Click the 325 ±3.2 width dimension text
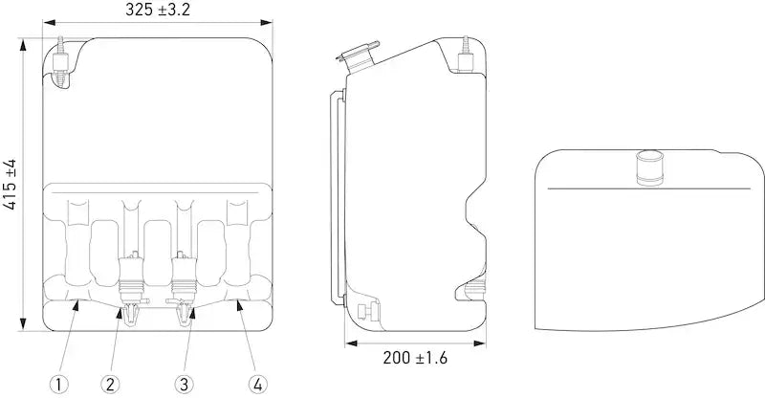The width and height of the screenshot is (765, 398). (158, 10)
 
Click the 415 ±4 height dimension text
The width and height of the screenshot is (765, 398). (10, 184)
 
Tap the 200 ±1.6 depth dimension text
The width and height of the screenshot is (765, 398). (415, 358)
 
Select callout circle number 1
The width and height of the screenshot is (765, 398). (58, 385)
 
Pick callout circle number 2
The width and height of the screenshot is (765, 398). (110, 385)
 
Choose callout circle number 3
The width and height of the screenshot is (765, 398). (184, 385)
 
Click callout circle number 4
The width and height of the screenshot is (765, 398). (257, 385)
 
